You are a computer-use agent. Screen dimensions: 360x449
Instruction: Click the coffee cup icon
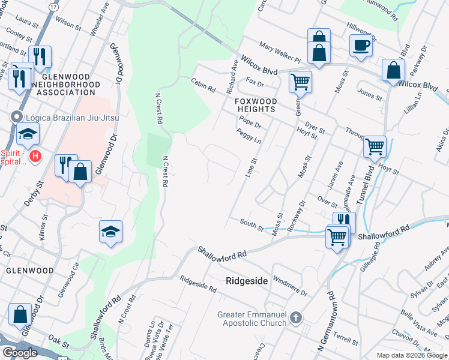[361, 46]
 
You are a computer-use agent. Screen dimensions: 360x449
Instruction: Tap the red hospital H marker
[35, 157]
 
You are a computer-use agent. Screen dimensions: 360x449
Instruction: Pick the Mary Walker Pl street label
[280, 52]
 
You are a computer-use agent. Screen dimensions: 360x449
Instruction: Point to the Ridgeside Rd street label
[198, 284]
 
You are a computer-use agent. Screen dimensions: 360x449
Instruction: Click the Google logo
[20, 353]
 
